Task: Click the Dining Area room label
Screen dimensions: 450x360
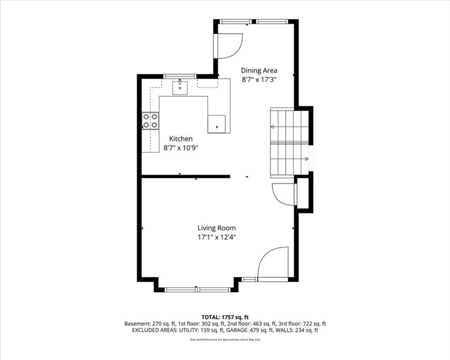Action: (x=259, y=70)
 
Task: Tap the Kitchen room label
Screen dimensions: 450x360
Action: (x=181, y=139)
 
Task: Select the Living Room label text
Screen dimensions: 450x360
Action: (x=217, y=228)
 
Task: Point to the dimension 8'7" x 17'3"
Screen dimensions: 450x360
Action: (x=259, y=80)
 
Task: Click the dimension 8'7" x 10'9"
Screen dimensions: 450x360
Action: (x=181, y=148)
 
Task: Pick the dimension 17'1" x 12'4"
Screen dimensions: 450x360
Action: (x=217, y=237)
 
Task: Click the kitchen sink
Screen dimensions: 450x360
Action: (x=180, y=88)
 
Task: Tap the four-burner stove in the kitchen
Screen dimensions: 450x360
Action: (x=150, y=120)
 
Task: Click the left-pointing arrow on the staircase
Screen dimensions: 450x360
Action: (x=272, y=127)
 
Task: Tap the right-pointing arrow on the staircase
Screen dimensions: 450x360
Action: (x=307, y=158)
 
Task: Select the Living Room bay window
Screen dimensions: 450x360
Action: (x=197, y=290)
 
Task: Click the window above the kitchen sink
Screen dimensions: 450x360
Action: (x=180, y=76)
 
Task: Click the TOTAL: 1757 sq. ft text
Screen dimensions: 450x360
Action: (x=225, y=317)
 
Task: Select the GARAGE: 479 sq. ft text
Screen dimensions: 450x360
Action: (x=249, y=330)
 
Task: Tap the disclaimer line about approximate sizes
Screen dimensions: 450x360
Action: (x=225, y=340)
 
